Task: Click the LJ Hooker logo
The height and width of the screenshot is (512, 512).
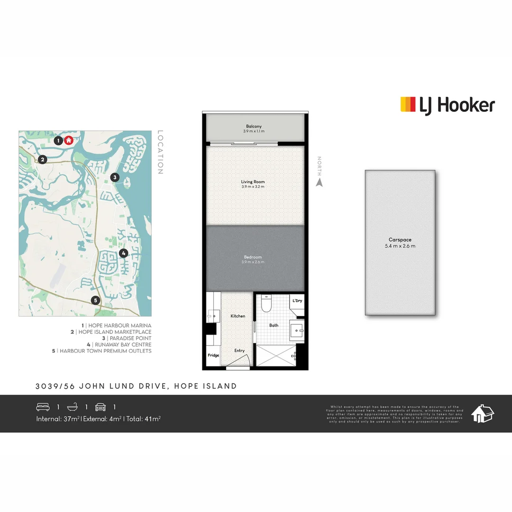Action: (448, 105)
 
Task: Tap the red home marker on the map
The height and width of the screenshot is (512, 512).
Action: (69, 140)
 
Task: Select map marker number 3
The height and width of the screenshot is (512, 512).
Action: (114, 177)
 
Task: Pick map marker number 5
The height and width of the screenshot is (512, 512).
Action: (95, 300)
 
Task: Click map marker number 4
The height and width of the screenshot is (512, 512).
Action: (123, 253)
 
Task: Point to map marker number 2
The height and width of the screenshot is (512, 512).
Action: (43, 160)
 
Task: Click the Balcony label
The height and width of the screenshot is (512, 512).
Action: (253, 127)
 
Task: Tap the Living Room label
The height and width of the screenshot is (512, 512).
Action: (253, 182)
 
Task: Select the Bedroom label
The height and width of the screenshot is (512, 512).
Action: (253, 257)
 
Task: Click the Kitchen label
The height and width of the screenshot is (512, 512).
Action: (238, 316)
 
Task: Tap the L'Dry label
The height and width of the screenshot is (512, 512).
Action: (297, 301)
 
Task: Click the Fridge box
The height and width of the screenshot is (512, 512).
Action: (213, 355)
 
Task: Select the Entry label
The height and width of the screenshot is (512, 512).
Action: (239, 351)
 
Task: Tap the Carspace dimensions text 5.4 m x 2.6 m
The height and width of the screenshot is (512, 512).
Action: (400, 246)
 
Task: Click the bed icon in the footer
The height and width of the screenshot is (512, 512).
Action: (43, 407)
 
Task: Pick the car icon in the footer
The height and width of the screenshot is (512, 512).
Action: (101, 407)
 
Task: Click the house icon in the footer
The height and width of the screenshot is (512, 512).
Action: (482, 413)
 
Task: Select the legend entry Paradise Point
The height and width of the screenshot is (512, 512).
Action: (128, 338)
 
